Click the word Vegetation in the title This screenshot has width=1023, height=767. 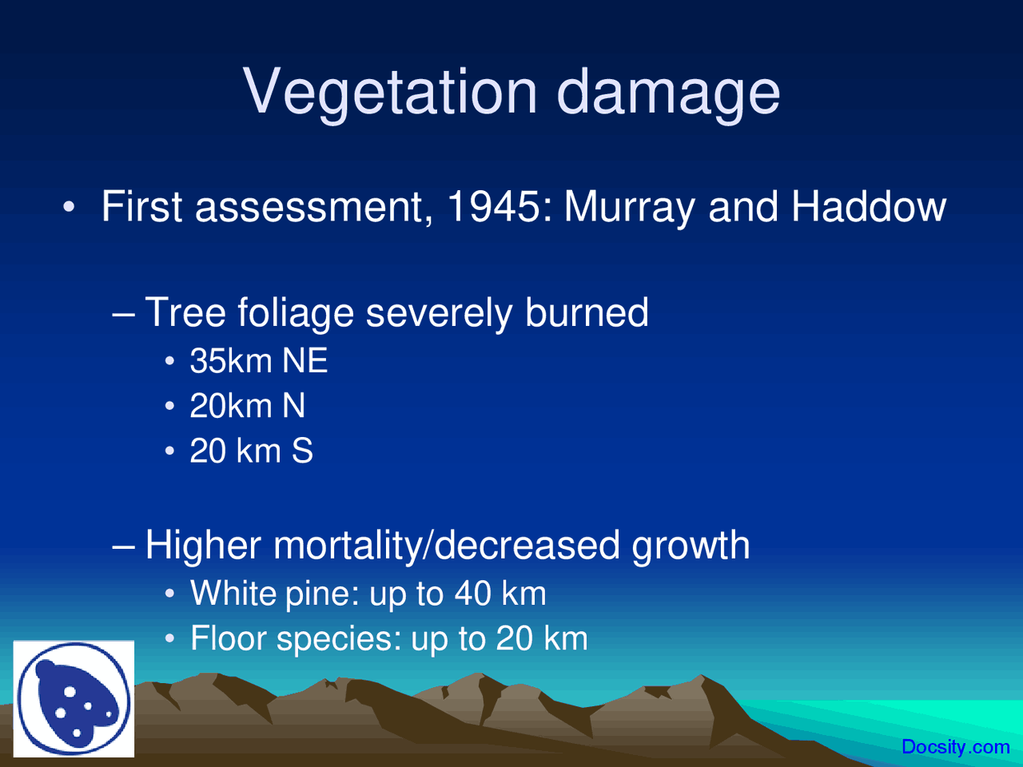pyautogui.click(x=391, y=90)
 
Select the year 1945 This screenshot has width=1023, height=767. pyautogui.click(x=493, y=207)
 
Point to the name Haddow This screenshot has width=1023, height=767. pyautogui.click(x=868, y=207)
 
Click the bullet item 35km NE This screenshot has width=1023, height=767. pyautogui.click(x=258, y=361)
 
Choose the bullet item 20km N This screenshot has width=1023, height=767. pyautogui.click(x=247, y=406)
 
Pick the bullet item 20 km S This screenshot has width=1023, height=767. pyautogui.click(x=251, y=451)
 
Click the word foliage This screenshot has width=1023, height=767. pyautogui.click(x=296, y=312)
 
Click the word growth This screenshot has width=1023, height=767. pyautogui.click(x=691, y=546)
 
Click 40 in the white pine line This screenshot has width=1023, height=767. pyautogui.click(x=472, y=594)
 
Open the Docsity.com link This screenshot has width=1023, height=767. pyautogui.click(x=955, y=747)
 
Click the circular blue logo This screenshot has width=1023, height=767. pyautogui.click(x=74, y=699)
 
